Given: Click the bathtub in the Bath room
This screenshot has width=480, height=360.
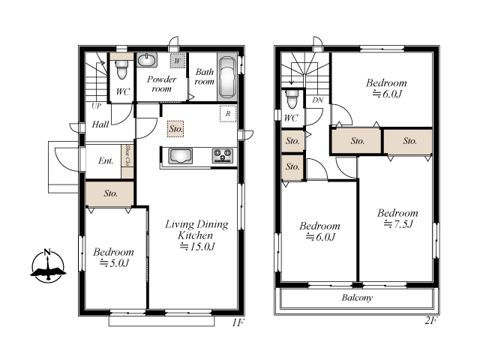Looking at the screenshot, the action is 227,76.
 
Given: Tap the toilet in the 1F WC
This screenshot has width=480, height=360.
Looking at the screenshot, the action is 121,70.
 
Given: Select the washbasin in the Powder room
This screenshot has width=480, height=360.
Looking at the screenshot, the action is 147,60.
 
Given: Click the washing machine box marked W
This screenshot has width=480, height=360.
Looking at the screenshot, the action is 178,61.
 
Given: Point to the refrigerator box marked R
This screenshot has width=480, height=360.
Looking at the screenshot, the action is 228,114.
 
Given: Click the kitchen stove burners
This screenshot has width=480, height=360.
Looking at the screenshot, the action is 223,155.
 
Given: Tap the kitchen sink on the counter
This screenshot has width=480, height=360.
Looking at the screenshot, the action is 180,156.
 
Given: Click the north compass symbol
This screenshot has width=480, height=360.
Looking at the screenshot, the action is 48,265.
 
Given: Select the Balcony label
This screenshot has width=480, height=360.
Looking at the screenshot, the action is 357,298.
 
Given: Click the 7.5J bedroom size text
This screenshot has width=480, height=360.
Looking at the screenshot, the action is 398,224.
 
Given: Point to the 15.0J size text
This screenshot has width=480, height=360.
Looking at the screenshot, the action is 196,247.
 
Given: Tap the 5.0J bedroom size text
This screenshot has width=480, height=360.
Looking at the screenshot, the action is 114,263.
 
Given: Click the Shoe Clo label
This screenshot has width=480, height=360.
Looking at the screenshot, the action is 127,155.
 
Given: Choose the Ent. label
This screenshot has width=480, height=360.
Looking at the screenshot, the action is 106,160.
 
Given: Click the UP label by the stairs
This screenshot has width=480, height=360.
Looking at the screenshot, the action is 96,106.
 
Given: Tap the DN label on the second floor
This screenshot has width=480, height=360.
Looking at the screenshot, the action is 318,100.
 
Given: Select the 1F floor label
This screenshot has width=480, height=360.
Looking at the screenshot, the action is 238,322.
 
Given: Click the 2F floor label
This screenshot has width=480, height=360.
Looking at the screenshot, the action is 431,320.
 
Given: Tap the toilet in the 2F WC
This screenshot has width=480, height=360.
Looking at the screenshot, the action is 292,98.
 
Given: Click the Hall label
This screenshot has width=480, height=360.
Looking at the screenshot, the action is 100,124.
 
